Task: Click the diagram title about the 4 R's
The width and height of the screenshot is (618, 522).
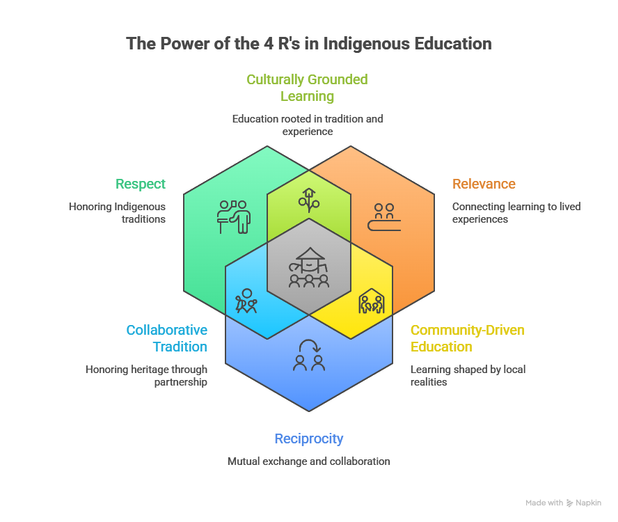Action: click(x=308, y=44)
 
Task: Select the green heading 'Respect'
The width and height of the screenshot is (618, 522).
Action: click(x=141, y=184)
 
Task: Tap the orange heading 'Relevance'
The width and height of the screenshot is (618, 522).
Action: click(x=484, y=184)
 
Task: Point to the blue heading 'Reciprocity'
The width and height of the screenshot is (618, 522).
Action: click(x=308, y=438)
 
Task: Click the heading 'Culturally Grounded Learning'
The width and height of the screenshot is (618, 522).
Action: click(x=307, y=88)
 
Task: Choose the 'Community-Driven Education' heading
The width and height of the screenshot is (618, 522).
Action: click(x=467, y=338)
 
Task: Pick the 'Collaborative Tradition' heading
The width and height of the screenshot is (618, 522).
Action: click(x=167, y=338)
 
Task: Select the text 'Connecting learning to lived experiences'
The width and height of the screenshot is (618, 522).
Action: click(x=516, y=212)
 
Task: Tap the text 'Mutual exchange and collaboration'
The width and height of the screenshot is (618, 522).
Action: click(x=308, y=461)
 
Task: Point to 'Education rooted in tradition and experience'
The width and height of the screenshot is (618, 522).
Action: click(x=307, y=125)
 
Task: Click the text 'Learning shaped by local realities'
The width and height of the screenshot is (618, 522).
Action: click(x=467, y=375)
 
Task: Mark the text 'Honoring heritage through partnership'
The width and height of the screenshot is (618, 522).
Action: click(x=146, y=375)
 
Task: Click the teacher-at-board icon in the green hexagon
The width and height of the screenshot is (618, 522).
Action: click(x=233, y=216)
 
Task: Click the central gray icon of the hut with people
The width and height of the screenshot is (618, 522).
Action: click(x=309, y=267)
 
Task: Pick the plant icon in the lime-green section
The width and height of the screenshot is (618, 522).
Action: click(x=309, y=199)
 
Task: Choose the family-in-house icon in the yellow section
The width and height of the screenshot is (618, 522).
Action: click(x=370, y=301)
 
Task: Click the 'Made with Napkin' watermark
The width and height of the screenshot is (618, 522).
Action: click(x=563, y=503)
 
